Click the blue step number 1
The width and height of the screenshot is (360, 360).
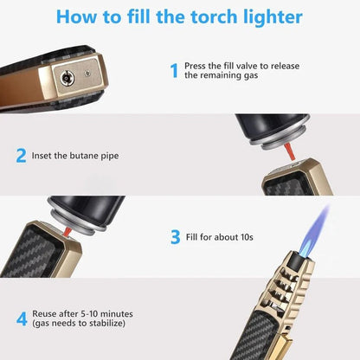click(174, 70)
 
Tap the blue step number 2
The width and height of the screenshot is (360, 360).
click(20, 156)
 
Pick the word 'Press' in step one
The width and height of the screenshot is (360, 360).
click(195, 65)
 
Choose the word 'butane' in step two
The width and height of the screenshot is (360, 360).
click(92, 157)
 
